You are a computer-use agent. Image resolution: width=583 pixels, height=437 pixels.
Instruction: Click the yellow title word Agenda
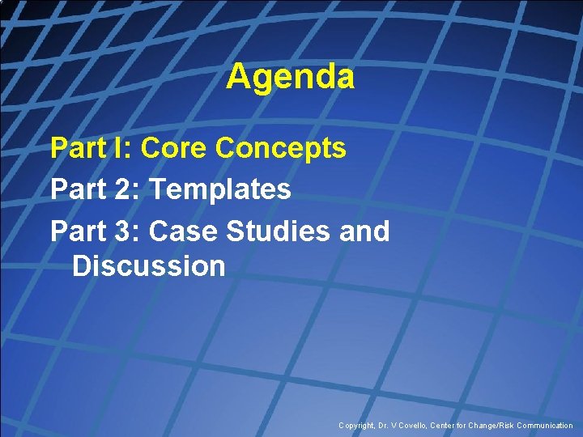(x=290, y=78)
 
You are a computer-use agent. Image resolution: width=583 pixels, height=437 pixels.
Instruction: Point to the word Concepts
(x=281, y=148)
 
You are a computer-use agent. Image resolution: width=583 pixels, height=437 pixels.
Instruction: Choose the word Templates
(x=220, y=189)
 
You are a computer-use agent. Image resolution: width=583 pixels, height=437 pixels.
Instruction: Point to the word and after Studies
(x=364, y=231)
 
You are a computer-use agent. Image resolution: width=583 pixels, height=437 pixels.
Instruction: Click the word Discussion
(x=148, y=265)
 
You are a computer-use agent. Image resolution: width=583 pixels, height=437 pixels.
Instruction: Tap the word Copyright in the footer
(x=357, y=426)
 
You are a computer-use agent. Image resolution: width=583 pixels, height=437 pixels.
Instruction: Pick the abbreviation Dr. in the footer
(x=385, y=426)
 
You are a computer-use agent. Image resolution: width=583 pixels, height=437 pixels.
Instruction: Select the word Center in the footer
(x=449, y=426)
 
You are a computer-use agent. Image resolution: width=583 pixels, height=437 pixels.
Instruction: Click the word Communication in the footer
(x=545, y=426)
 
